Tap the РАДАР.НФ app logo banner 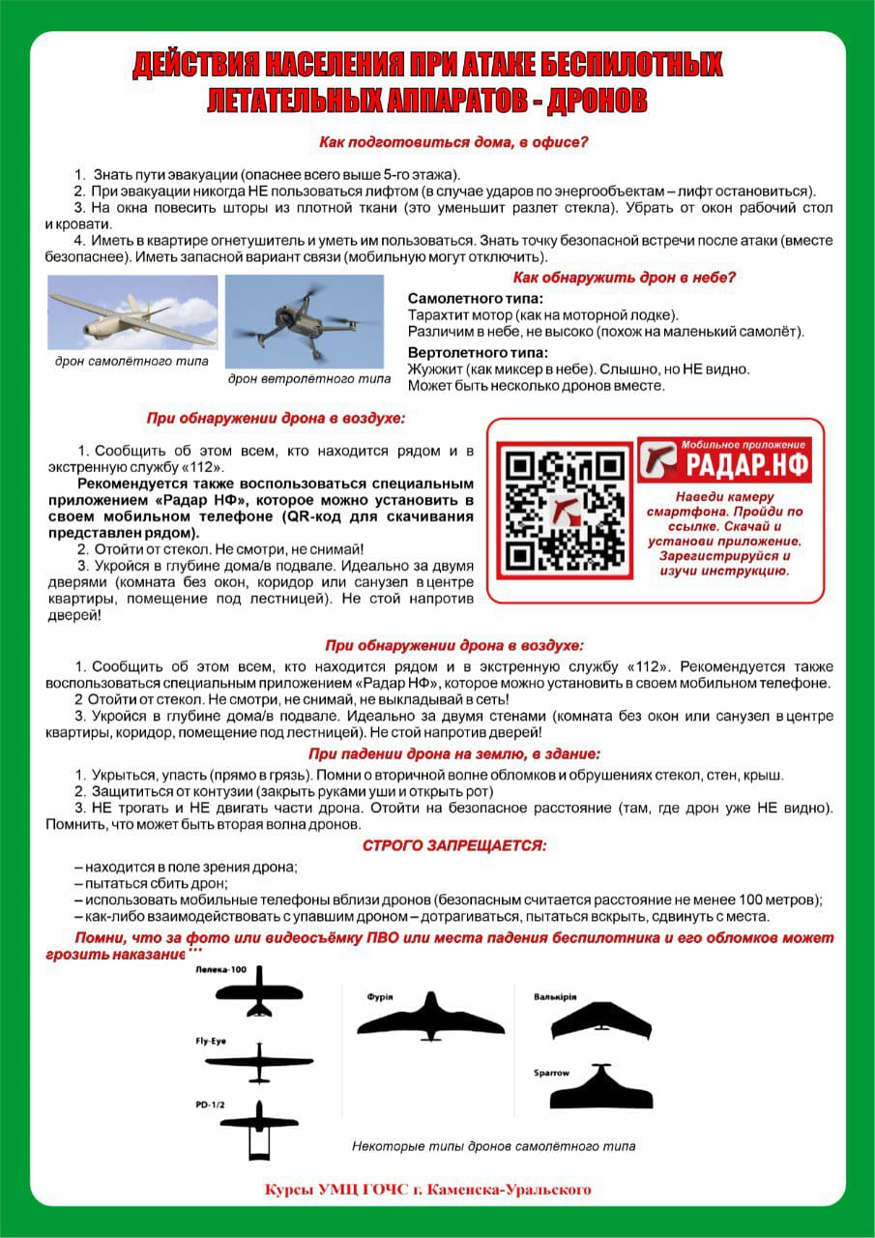(723, 460)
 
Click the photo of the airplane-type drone (132, 312)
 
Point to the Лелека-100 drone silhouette (258, 994)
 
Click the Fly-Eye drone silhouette (259, 1061)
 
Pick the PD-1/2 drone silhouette (258, 1129)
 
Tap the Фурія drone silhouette (430, 1016)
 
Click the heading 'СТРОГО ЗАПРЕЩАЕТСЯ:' (453, 845)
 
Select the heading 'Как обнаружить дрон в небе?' (624, 278)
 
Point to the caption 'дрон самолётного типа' (131, 361)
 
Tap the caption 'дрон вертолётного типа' (309, 378)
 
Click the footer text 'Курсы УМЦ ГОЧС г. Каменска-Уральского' (428, 1189)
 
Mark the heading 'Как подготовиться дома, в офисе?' (453, 143)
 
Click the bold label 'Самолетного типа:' (475, 298)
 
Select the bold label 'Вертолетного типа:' (478, 352)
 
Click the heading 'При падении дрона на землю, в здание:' (453, 753)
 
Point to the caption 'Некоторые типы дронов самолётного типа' (494, 1146)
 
